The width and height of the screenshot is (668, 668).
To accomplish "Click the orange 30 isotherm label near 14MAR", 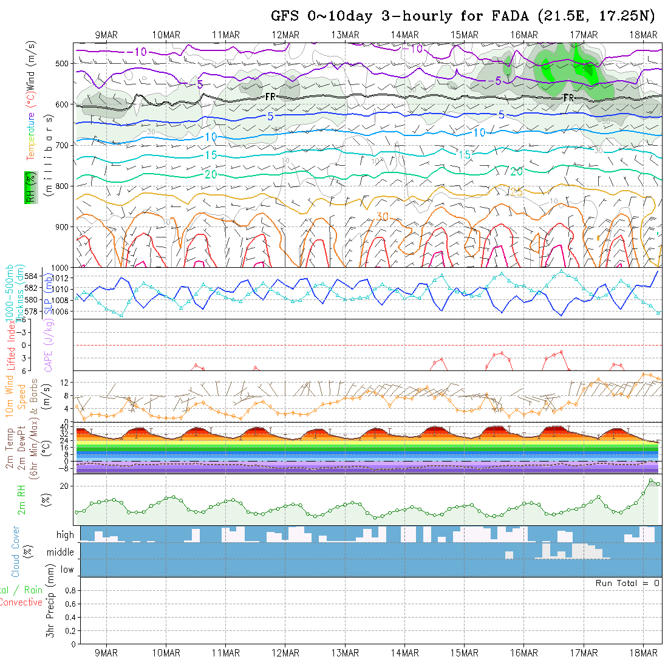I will click(x=382, y=217).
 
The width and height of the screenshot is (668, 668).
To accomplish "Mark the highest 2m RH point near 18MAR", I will click(x=651, y=480).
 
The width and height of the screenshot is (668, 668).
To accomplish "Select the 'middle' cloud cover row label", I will click(x=61, y=552).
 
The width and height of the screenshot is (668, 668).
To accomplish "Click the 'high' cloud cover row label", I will click(x=65, y=535).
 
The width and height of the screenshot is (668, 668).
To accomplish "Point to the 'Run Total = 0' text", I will click(x=627, y=583).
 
